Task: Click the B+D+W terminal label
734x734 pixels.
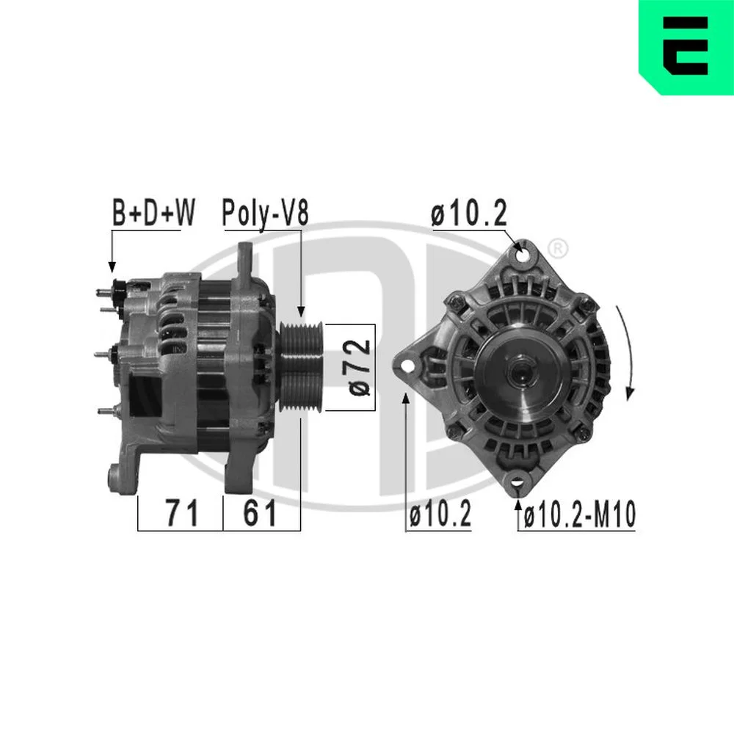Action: [x=153, y=213]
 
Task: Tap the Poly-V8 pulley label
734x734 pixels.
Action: [x=266, y=214]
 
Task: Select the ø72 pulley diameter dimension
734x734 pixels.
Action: [x=360, y=367]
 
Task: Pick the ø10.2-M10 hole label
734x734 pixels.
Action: [x=580, y=514]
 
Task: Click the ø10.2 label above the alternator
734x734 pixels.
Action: [x=469, y=213]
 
